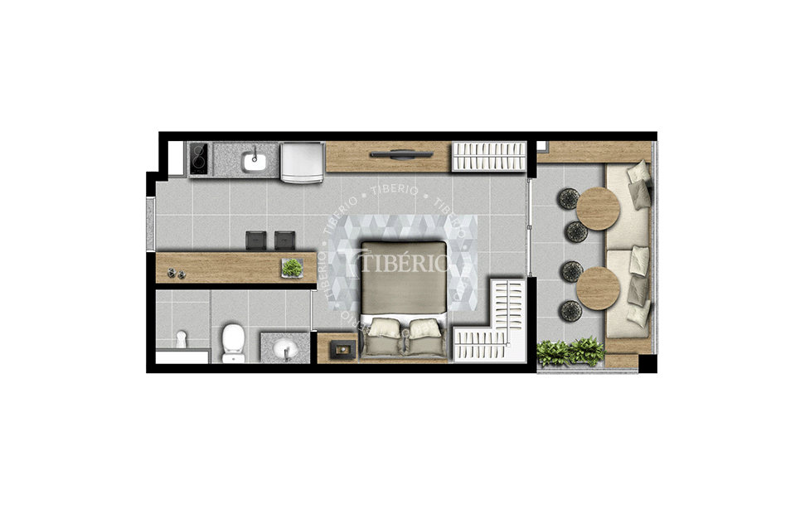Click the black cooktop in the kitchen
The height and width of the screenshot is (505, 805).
(x=200, y=158)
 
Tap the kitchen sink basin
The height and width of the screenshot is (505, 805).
(x=255, y=162)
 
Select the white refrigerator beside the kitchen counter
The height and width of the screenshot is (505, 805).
(x=303, y=162)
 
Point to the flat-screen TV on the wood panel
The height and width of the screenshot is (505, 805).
(x=395, y=153)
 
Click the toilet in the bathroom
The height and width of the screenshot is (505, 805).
(x=234, y=342)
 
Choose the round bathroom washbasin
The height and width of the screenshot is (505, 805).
(x=285, y=351)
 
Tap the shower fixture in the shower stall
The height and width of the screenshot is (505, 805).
(x=181, y=339)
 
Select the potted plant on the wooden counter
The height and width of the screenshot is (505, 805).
(x=292, y=268)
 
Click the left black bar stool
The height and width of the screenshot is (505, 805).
(x=256, y=240)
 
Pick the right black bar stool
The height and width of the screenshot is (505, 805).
(x=285, y=240)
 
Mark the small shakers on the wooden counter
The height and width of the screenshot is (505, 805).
(x=176, y=274)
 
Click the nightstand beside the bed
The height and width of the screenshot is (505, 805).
(x=337, y=348)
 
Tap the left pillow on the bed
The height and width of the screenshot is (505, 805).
(x=385, y=328)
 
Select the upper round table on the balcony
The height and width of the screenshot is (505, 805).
(x=598, y=209)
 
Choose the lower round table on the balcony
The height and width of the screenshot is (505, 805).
(x=598, y=289)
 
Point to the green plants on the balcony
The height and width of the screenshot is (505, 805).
(x=570, y=352)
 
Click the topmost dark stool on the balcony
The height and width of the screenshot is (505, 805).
(x=569, y=199)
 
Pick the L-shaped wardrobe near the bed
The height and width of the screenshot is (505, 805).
(x=490, y=321)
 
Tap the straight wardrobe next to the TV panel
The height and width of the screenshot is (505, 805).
(x=489, y=156)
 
